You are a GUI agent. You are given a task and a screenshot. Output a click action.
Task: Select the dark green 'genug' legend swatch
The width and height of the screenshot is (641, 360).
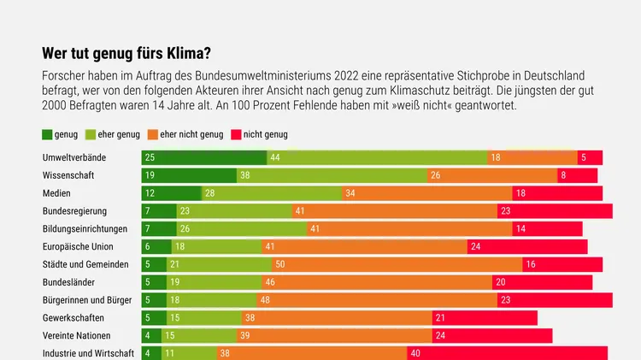pyautogui.click(x=47, y=134)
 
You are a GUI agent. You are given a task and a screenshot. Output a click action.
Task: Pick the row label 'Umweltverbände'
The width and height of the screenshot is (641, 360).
pyautogui.click(x=74, y=157)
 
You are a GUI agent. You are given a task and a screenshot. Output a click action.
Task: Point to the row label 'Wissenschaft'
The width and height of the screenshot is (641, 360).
pyautogui.click(x=68, y=175)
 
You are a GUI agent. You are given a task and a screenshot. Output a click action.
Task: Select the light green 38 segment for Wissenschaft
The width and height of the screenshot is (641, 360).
pyautogui.click(x=332, y=175)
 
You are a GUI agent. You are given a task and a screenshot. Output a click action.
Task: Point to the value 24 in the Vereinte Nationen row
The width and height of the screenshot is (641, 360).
pyautogui.click(x=440, y=336)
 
